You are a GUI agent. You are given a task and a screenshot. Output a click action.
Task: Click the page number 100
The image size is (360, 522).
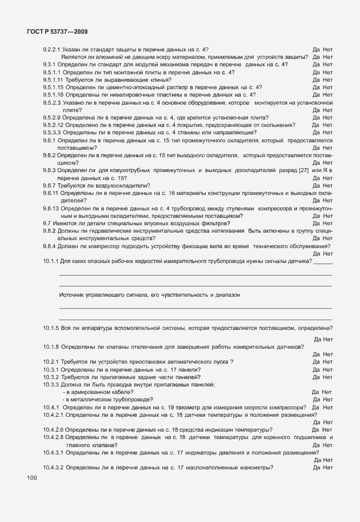[31, 477]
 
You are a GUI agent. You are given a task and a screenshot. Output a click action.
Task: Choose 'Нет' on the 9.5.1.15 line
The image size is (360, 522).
[327, 87]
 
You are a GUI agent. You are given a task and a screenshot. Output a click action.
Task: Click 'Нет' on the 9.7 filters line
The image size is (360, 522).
[327, 223]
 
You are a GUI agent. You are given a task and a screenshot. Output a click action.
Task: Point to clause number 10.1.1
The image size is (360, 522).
[51, 261]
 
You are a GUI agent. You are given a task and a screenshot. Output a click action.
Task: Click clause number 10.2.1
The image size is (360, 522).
[51, 362]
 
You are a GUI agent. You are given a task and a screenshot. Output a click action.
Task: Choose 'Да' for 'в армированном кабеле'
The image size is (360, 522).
[315, 392]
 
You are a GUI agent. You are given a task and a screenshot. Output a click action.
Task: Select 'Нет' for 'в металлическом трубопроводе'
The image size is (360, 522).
[327, 400]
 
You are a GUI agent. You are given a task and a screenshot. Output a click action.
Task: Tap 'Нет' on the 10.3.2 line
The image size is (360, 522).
[327, 377]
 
